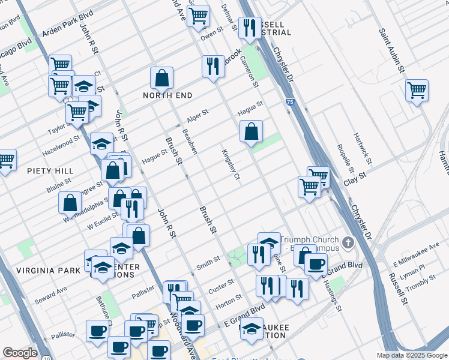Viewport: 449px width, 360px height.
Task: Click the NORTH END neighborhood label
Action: pyautogui.click(x=167, y=95)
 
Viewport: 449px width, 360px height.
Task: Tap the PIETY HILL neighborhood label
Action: pyautogui.click(x=50, y=171)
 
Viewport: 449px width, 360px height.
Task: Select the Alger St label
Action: pyautogui.click(x=197, y=113)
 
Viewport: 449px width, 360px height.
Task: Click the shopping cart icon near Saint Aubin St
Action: pyautogui.click(x=417, y=91)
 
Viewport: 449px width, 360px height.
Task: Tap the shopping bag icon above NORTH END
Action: pyautogui.click(x=161, y=78)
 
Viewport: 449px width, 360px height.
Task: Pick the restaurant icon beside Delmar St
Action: pyautogui.click(x=249, y=28)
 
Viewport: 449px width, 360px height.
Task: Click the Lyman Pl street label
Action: pyautogui.click(x=413, y=268)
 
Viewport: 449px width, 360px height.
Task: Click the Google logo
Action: pyautogui.click(x=20, y=353)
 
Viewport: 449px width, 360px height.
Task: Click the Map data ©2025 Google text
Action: pyautogui.click(x=412, y=355)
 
